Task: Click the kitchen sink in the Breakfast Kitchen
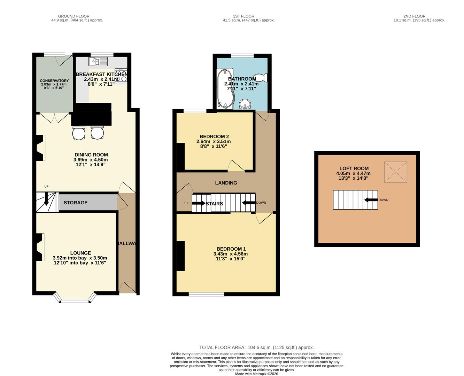98,62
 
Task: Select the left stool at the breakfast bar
79,133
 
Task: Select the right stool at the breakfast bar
97,133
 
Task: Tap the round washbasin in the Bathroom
246,104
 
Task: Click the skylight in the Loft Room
395,172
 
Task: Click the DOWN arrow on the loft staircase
371,200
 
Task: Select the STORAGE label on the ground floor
76,203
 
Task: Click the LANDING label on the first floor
226,183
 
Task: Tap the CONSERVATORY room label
54,80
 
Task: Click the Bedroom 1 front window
206,294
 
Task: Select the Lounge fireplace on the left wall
39,247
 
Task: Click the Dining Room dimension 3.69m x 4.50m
91,160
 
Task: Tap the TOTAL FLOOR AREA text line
256,347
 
